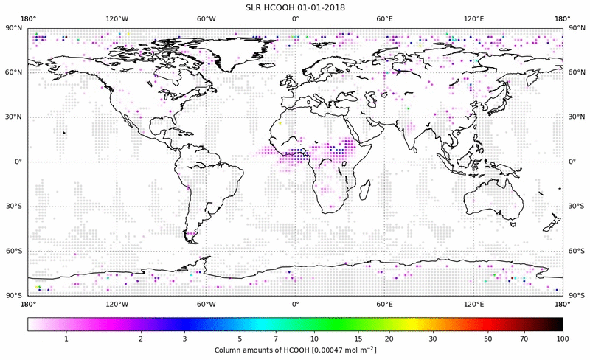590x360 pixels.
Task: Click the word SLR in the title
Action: coord(255,7)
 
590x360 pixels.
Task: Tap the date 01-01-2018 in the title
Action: coord(320,7)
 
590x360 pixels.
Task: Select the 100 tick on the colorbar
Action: coord(563,339)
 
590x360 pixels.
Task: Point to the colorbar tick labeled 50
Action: coord(488,339)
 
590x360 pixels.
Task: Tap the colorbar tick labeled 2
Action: coord(140,339)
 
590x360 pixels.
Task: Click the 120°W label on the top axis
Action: coord(117,18)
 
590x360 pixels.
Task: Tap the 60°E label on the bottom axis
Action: coord(384,302)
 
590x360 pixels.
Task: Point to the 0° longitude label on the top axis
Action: coord(295,18)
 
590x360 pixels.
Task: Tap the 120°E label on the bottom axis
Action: coord(473,302)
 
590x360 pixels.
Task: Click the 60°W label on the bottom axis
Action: coord(206,302)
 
